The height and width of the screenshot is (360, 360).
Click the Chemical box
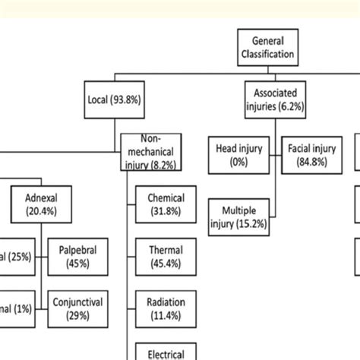(165, 205)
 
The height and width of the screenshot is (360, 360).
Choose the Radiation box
(165, 308)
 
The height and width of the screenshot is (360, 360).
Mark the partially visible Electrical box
(165, 352)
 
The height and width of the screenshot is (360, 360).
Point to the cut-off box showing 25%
(15, 256)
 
